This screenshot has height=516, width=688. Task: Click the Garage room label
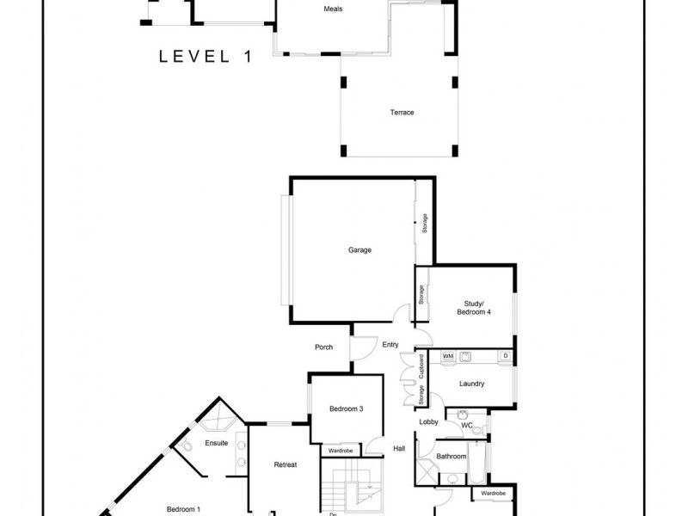click(359, 250)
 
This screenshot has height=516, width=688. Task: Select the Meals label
click(334, 9)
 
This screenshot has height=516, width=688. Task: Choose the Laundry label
click(472, 384)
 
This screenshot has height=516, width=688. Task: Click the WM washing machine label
click(448, 355)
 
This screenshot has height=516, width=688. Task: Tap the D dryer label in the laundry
click(505, 355)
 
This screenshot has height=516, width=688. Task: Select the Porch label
click(323, 347)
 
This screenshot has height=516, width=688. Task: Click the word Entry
click(390, 345)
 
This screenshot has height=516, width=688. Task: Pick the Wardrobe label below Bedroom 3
click(341, 450)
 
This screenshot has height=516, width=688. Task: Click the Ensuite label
click(216, 443)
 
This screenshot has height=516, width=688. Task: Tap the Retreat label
click(285, 465)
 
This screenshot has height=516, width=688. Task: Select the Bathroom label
click(451, 456)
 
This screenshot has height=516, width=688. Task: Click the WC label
click(467, 425)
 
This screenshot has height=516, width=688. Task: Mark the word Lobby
click(428, 422)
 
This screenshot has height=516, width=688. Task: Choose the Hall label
click(399, 448)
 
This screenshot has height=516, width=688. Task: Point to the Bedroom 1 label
click(183, 509)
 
